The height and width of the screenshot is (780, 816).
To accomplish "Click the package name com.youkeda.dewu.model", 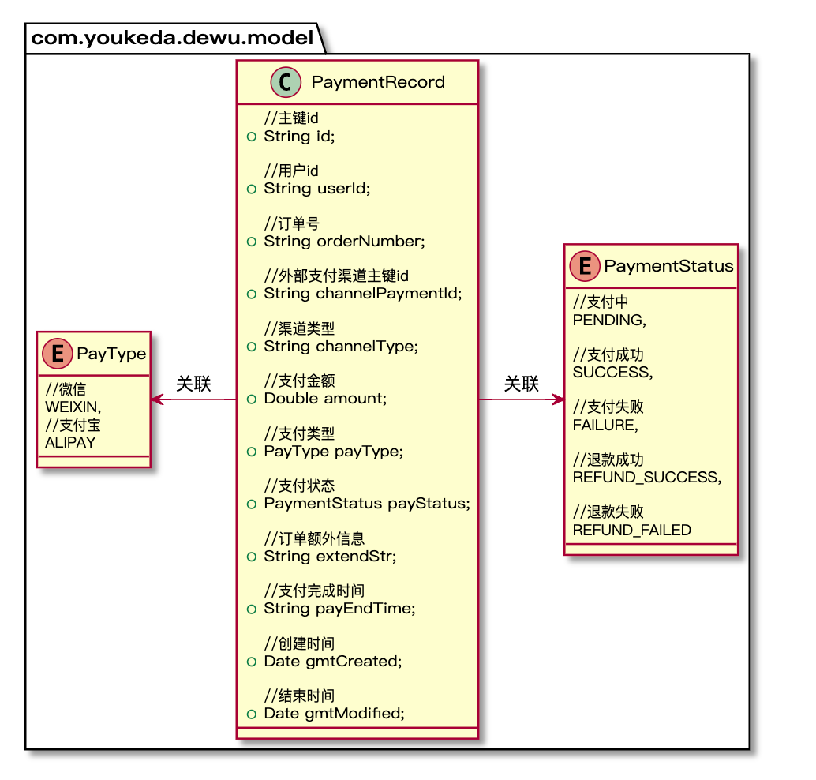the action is click(x=171, y=38).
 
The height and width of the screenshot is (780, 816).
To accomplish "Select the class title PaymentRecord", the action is click(x=378, y=82).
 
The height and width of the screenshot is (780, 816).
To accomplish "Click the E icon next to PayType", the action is click(x=56, y=354).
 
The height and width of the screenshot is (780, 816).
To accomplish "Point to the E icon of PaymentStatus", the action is click(x=585, y=266).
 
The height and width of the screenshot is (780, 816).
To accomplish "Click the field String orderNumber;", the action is click(x=344, y=241).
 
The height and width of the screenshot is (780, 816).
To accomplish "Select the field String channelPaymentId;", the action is click(x=362, y=293).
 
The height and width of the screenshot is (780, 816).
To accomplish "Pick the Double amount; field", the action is click(x=325, y=398).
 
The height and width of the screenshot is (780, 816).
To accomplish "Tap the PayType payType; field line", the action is click(x=333, y=451).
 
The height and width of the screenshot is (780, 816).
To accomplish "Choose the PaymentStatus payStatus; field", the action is click(x=366, y=503).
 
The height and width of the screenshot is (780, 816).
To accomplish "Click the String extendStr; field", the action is click(x=330, y=556).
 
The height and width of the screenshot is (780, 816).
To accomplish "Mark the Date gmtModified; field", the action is click(x=334, y=713).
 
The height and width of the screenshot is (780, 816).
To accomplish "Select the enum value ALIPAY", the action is click(x=70, y=442).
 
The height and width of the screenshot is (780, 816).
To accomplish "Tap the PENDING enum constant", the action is click(x=608, y=320).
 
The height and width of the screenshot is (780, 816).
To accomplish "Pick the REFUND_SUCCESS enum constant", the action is click(x=646, y=477).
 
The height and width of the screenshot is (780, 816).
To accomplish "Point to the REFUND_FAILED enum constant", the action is click(x=631, y=530).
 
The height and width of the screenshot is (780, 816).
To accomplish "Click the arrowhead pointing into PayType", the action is click(x=156, y=399).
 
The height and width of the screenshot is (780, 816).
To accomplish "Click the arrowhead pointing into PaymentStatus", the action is click(x=559, y=399).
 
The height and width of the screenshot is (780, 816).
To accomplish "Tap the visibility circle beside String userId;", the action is click(x=251, y=189).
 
